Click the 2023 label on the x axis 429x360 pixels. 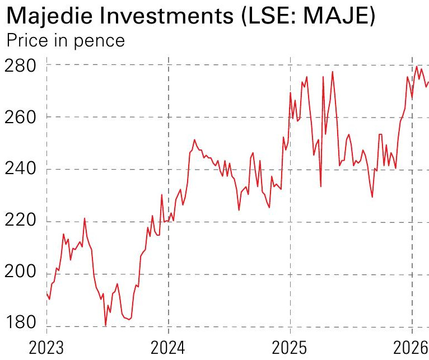46,348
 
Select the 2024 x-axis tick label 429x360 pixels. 168,348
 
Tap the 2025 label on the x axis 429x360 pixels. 290,348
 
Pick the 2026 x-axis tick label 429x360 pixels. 411,348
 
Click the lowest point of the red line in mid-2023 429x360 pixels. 105,325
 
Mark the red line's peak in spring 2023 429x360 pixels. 85,218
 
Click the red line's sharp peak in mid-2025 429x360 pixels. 333,71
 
